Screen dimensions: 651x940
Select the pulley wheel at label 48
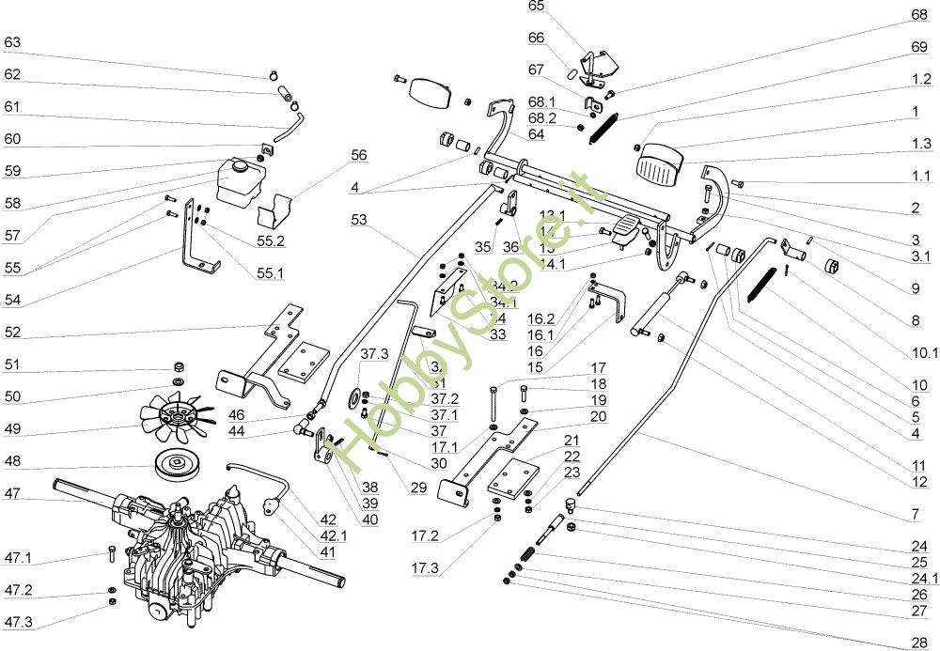point(178,463)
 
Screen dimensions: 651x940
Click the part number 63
point(12,42)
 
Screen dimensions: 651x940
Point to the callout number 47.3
point(19,623)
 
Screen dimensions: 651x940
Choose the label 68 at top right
point(919,14)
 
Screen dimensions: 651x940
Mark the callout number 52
point(12,332)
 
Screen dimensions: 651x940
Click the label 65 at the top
point(537,6)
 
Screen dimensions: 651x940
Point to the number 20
point(598,415)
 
